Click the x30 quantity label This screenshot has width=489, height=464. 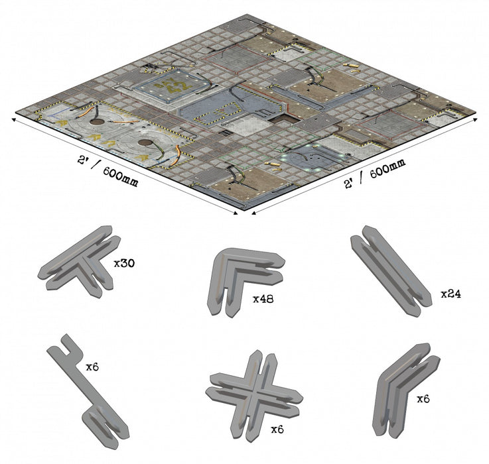[124, 264]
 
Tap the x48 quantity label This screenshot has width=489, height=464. [263, 299]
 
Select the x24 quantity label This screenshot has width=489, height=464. [451, 294]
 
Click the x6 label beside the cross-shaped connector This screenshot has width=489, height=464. [277, 430]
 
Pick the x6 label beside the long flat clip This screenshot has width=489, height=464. [92, 367]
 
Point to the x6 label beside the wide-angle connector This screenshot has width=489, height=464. [423, 399]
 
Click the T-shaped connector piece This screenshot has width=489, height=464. [80, 261]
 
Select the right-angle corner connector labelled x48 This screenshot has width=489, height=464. [244, 280]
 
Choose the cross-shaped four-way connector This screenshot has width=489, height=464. [253, 396]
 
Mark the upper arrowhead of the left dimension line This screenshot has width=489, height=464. [14, 120]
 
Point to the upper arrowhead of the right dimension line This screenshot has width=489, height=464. [475, 119]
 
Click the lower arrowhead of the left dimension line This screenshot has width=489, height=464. [236, 213]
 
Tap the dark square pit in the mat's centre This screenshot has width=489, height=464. [281, 119]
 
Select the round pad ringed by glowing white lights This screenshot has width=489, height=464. [313, 157]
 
